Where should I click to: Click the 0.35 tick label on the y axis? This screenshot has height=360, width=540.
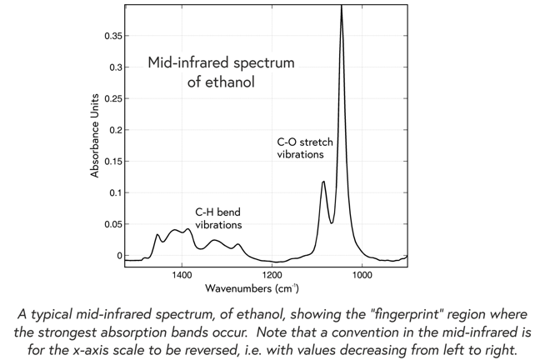coord(111,37)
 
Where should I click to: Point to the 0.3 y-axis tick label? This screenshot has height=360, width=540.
coord(114,67)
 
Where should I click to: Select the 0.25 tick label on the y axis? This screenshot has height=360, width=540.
coord(111,99)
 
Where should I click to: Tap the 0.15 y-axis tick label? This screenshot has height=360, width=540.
coord(111,162)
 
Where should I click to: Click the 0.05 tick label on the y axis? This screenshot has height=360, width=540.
coord(111,224)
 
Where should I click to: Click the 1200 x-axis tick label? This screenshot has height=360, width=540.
coord(272,273)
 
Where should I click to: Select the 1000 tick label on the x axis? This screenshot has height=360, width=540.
coord(362,273)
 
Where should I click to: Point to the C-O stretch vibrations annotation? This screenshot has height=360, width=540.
coord(304,148)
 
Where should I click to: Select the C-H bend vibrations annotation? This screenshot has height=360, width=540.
coord(218,218)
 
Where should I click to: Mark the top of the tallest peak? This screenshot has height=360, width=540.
coord(341,7)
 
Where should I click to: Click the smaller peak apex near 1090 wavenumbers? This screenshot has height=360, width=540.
coord(323,181)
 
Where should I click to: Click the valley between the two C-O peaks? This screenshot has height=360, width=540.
coord(331,222)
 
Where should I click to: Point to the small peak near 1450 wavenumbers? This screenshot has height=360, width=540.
coord(157,235)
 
